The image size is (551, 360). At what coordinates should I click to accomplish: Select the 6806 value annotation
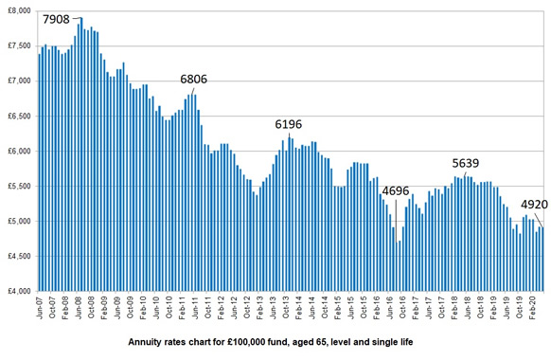coord(196,79)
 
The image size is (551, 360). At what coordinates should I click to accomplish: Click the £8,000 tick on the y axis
coord(19,10)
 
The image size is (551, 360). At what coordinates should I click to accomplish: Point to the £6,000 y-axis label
coord(19,151)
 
